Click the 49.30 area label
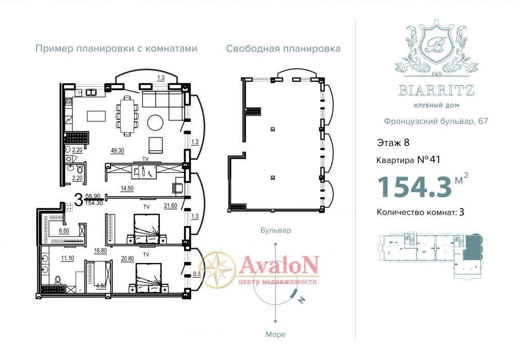click(x=117, y=151)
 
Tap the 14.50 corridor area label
click(x=127, y=189)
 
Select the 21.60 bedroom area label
click(x=170, y=206)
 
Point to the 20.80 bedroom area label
click(x=127, y=259)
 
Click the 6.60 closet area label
click(x=64, y=231)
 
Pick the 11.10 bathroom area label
click(x=68, y=258)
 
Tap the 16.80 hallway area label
click(x=101, y=251)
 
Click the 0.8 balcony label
click(x=197, y=274)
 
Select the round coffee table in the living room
click(x=155, y=122)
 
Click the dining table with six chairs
click(x=127, y=116)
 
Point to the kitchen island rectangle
click(x=97, y=116)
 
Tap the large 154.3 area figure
click(x=415, y=187)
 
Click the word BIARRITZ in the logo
click(x=437, y=90)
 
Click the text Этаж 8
click(x=393, y=143)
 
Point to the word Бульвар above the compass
click(x=276, y=230)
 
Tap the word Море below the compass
click(x=276, y=335)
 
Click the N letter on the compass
click(x=301, y=299)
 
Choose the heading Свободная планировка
click(x=283, y=49)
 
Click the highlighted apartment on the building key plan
click(x=472, y=247)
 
